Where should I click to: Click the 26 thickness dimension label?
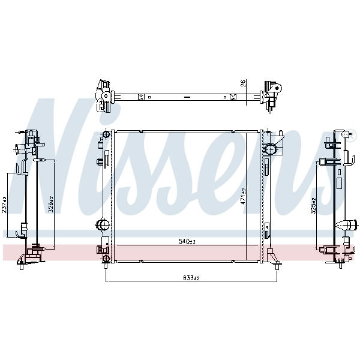click(x=244, y=83)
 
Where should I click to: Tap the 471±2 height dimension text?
click(x=244, y=197)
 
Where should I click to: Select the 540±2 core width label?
click(x=187, y=241)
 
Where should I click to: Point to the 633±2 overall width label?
click(x=191, y=278)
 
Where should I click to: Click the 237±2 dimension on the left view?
click(x=4, y=205)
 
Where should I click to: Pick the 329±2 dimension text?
click(x=51, y=204)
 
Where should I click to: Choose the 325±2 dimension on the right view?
click(x=314, y=206)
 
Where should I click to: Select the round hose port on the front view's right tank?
click(x=270, y=149)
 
